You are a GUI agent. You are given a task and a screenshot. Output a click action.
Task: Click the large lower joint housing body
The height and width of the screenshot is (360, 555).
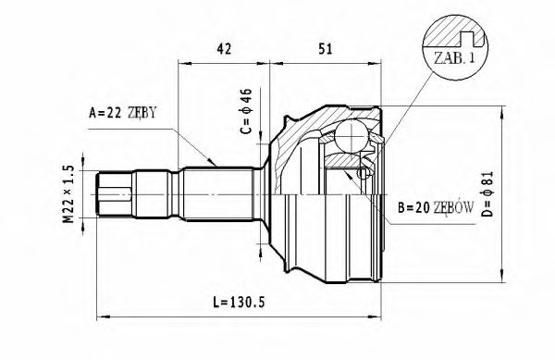click(x=324, y=231)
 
